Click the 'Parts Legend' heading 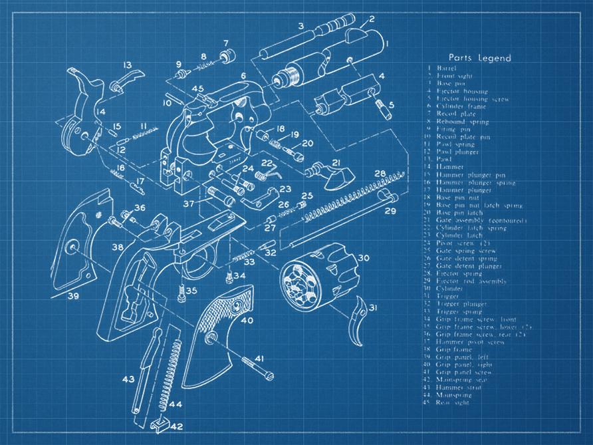click(479, 58)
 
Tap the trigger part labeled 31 click(359, 321)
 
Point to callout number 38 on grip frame click(117, 247)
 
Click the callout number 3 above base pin click(300, 26)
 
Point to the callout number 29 click(390, 211)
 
